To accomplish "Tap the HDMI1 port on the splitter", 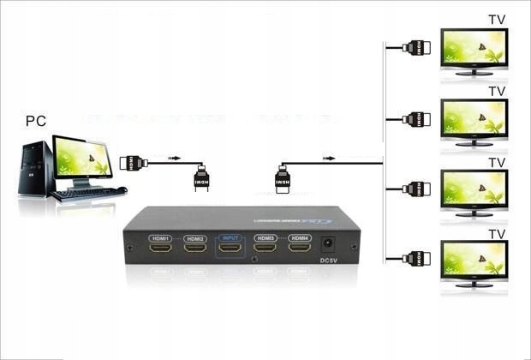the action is click(x=161, y=249).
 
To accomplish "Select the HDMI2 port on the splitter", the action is click(x=195, y=249).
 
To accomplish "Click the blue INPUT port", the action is click(x=230, y=249).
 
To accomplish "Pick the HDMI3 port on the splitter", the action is click(x=265, y=249).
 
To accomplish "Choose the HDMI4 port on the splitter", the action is click(x=299, y=249).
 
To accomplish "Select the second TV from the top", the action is click(x=474, y=119).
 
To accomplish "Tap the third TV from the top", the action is click(x=474, y=189).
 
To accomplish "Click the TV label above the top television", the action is click(x=497, y=19).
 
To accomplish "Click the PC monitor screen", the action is click(x=83, y=155).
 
